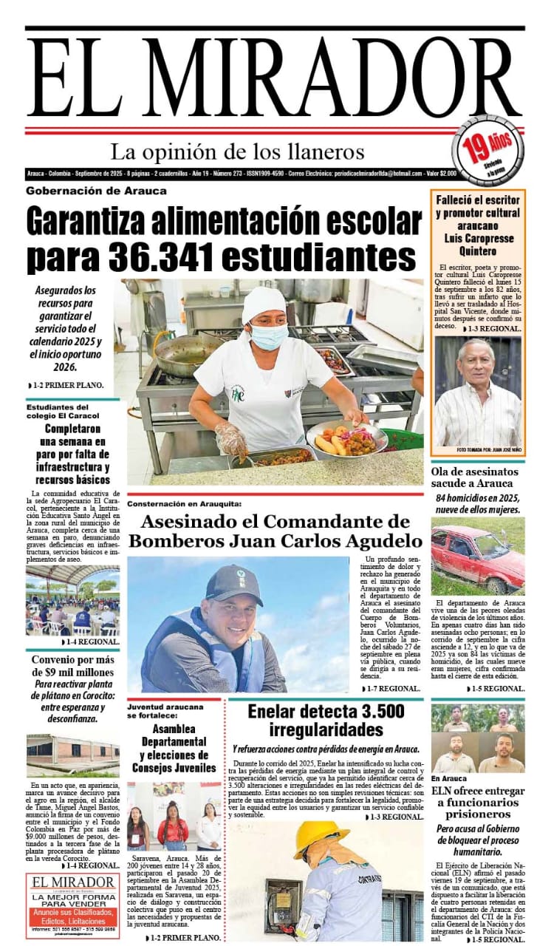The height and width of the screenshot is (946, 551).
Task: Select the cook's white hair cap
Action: pos(264,303)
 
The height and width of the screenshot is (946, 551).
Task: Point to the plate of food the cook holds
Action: pos(346,438)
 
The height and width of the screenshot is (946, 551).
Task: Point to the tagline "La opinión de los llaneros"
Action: pos(237,152)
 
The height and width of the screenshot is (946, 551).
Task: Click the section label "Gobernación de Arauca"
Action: pos(96,191)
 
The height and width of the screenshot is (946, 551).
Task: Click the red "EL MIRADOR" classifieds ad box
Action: pos(72,905)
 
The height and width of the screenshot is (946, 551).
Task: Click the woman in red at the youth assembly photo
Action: pos(172,826)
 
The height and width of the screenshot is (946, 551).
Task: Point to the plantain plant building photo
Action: pos(72,755)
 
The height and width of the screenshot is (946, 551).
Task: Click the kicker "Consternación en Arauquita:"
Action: pos(185,504)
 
